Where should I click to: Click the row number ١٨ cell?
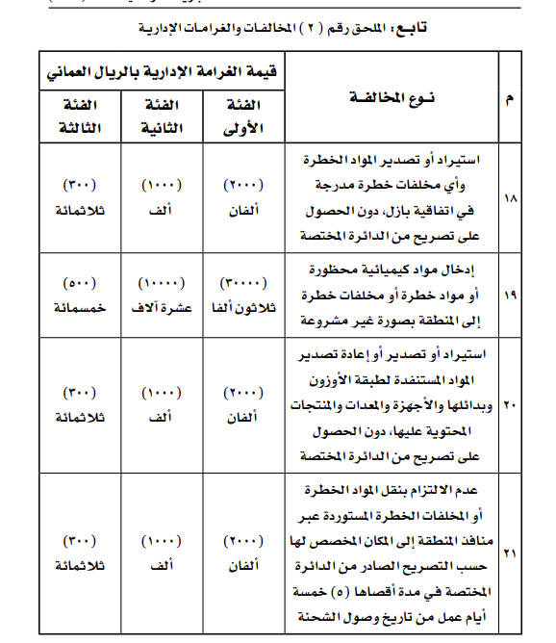(509, 198)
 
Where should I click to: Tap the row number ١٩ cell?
(509, 295)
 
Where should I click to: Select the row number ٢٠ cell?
(509, 405)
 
